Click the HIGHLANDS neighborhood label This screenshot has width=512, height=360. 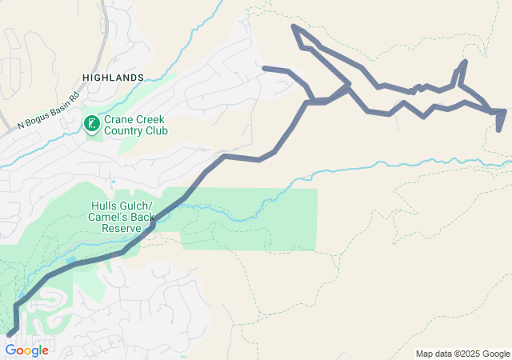coord(113,78)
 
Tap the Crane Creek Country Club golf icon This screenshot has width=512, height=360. coord(91,123)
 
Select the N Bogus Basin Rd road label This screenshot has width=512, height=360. coord(49,110)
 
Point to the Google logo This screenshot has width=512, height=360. coord(27,350)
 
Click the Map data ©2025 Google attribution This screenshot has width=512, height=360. coord(462,354)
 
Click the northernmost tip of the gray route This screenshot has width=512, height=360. coord(294,26)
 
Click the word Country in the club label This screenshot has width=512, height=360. coord(124,130)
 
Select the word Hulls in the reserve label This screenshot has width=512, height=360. coord(104,204)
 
